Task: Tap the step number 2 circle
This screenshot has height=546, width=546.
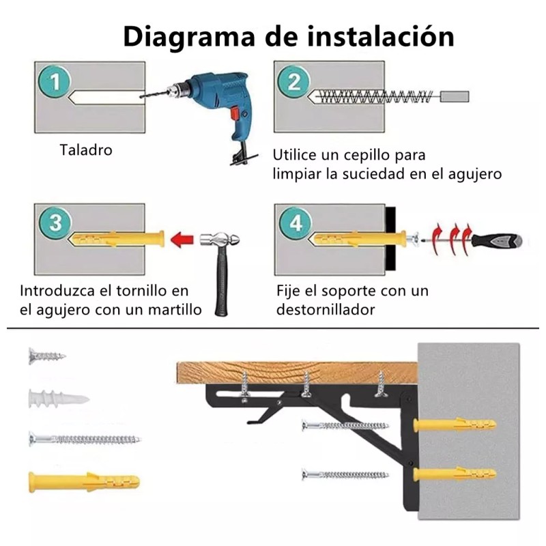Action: tap(294, 83)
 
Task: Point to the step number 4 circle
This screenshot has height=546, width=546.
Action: tap(295, 223)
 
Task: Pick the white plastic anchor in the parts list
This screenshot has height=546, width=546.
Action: tap(57, 399)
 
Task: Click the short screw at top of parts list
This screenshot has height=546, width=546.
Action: tap(47, 356)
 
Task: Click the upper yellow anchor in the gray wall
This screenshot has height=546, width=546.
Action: tap(455, 425)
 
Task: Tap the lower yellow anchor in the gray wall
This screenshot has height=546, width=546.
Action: tap(455, 474)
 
